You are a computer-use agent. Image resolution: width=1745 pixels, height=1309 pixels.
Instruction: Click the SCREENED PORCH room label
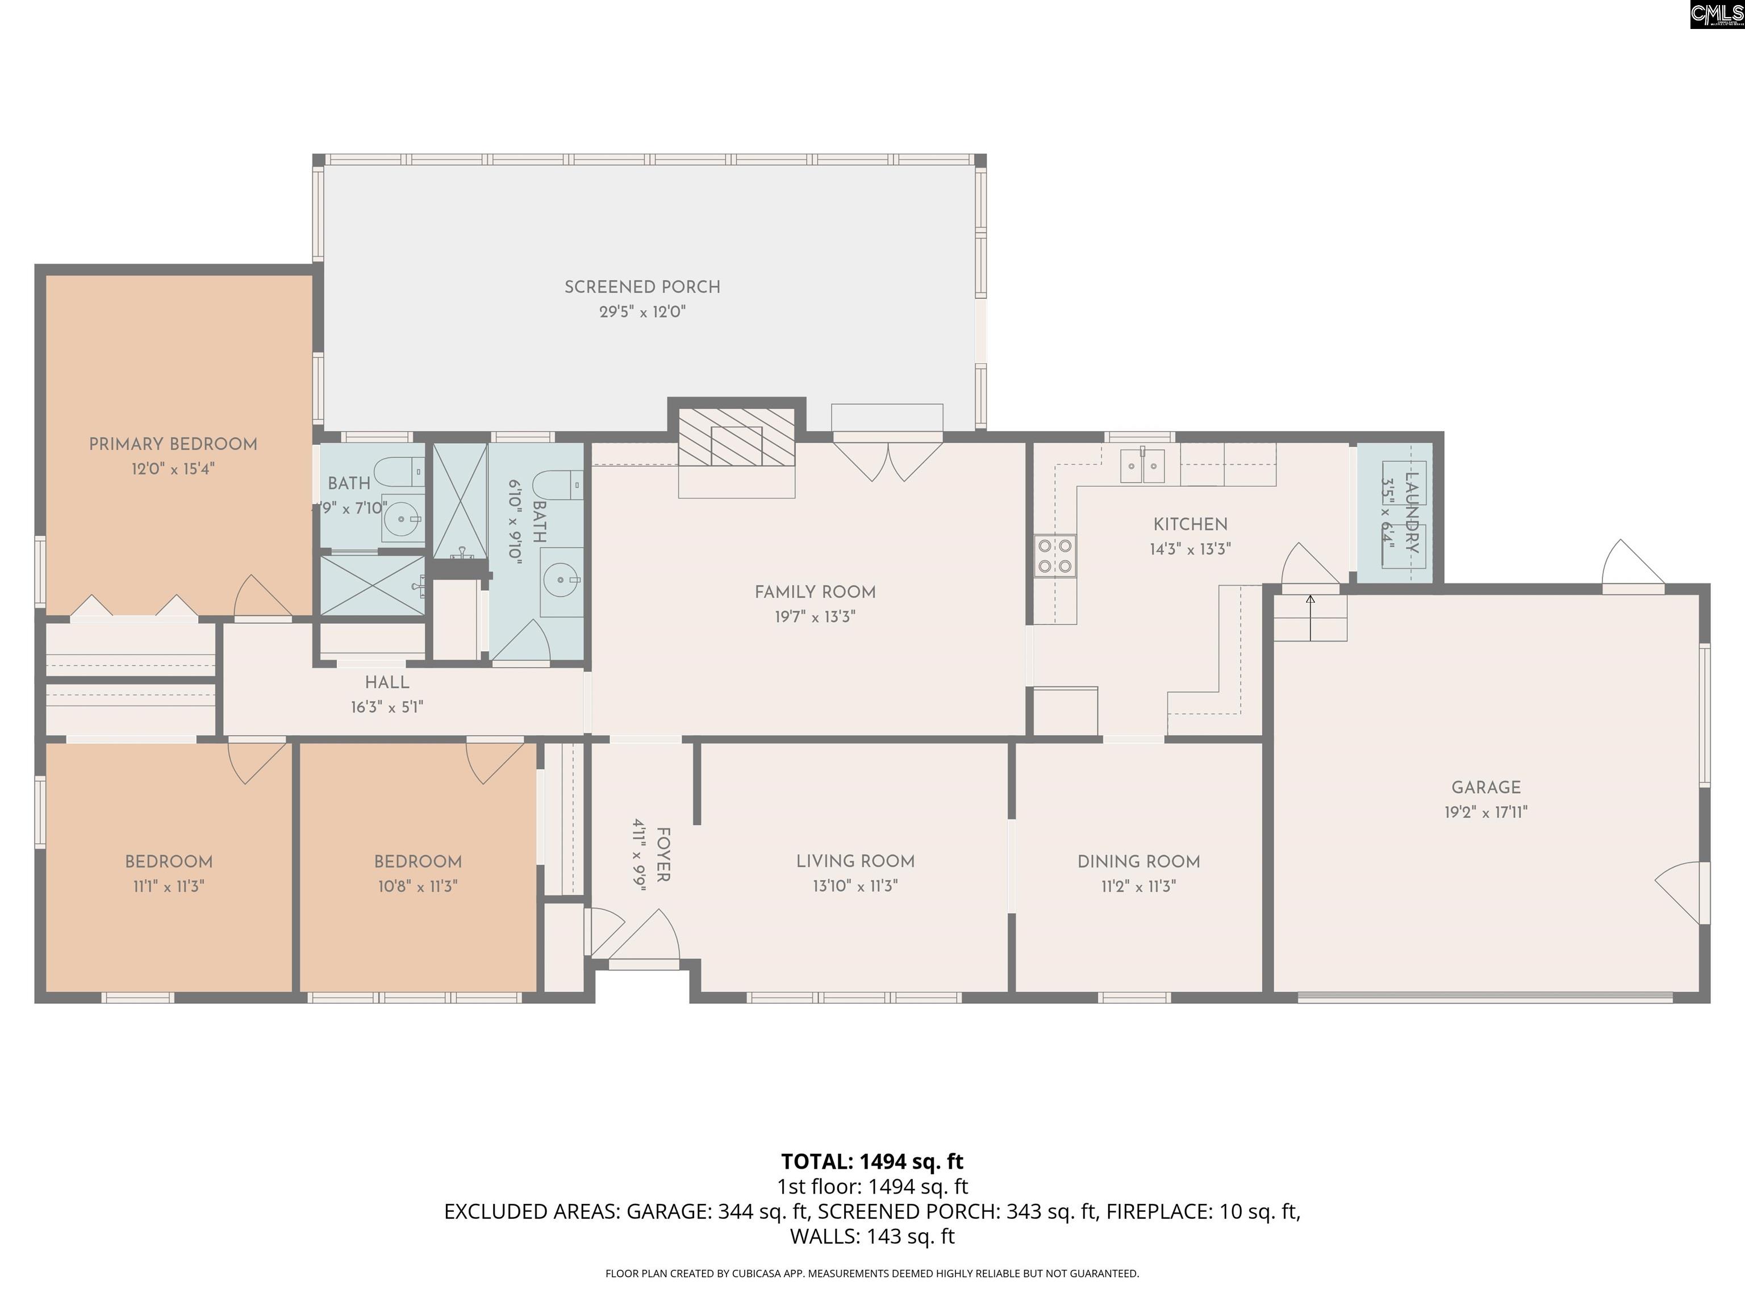[642, 287]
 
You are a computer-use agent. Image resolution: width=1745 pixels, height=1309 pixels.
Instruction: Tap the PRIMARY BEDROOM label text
[173, 444]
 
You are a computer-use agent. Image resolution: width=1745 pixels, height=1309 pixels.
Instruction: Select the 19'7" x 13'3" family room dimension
[815, 616]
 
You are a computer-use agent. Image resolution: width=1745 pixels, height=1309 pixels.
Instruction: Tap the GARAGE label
[1486, 787]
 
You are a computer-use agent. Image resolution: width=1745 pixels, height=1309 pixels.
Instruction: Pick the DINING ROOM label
[1138, 862]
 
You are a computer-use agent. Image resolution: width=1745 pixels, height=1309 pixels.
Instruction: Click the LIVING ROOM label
[855, 862]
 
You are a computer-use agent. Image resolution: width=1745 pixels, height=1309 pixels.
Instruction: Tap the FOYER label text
[663, 855]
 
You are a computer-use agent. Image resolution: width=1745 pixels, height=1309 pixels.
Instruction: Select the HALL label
[387, 682]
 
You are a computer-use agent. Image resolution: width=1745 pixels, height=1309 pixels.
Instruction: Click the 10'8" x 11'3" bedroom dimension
[418, 886]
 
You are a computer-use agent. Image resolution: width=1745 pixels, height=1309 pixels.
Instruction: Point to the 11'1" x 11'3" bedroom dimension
[168, 886]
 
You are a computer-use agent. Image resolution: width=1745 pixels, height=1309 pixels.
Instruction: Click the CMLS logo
[1717, 14]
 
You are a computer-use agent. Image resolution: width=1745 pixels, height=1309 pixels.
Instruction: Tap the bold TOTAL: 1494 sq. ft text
[872, 1161]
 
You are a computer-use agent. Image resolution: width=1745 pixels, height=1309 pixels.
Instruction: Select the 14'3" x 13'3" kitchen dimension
[1189, 549]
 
